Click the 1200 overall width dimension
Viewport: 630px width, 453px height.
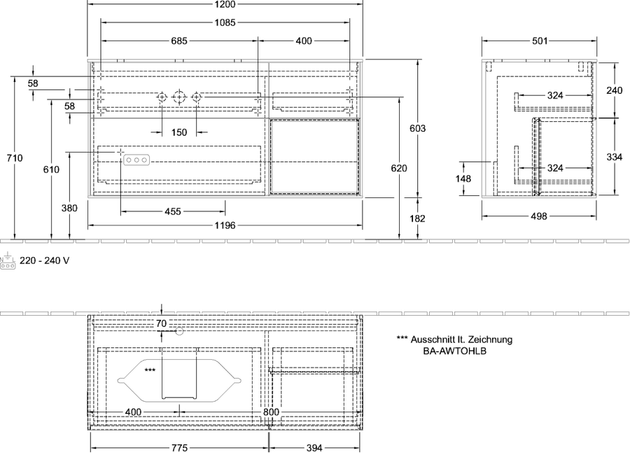coord(225,4)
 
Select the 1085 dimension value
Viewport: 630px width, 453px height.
coord(225,22)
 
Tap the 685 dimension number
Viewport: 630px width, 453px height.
coord(179,41)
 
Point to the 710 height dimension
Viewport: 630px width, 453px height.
coord(15,158)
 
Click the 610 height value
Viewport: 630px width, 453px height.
coord(51,169)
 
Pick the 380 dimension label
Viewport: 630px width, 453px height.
coord(69,208)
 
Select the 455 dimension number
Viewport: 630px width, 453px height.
coord(173,211)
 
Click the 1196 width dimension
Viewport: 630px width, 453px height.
coord(225,225)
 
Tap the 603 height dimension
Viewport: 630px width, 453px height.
coord(417,128)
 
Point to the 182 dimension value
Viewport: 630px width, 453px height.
coord(417,218)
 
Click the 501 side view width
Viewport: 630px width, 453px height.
coord(540,41)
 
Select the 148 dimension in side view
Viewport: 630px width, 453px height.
coord(463,179)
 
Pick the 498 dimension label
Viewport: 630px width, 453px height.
coord(539,216)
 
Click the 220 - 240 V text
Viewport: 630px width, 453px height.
coord(45,260)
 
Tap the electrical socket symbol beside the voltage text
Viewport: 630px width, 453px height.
coord(8,261)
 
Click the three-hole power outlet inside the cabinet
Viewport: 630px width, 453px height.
coord(136,160)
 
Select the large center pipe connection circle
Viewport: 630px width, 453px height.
coord(179,97)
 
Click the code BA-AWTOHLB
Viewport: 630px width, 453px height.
coord(454,351)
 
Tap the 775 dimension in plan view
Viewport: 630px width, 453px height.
coord(180,448)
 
